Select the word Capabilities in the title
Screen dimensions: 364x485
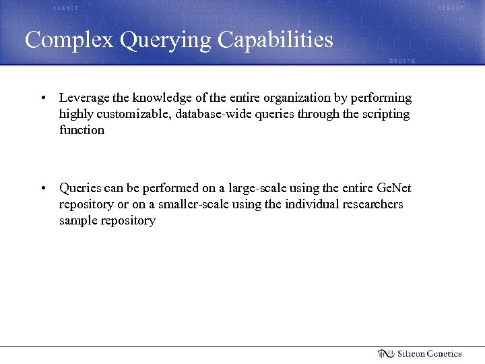(276, 40)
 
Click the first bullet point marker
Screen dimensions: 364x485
(42, 98)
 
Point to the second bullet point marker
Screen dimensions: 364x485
(42, 188)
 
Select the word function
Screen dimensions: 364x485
(82, 130)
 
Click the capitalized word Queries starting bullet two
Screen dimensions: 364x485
(80, 188)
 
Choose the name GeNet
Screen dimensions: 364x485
(394, 187)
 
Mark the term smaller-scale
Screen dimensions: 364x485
(194, 204)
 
